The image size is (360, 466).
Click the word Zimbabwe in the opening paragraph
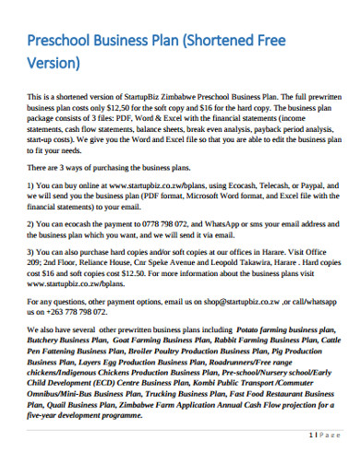click(x=197, y=96)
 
